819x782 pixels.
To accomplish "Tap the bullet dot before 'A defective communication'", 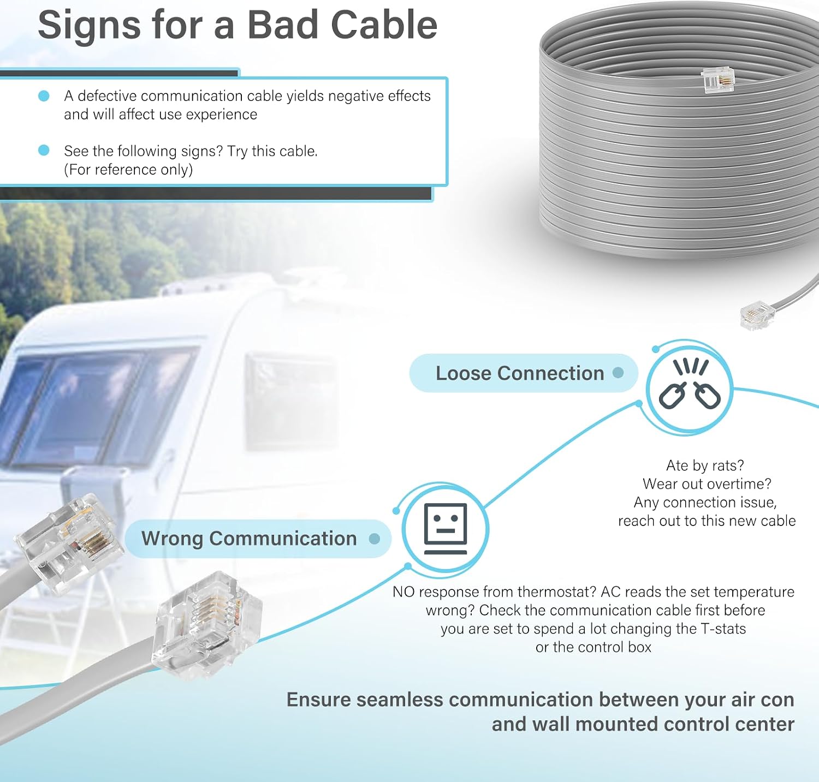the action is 44,96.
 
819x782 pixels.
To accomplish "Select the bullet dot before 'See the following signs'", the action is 44,151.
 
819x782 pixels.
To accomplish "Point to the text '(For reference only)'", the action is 128,170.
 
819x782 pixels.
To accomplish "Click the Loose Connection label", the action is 520,373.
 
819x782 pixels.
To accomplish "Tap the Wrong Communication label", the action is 249,539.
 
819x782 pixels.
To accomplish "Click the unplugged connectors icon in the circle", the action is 690,384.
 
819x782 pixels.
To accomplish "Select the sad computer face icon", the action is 446,528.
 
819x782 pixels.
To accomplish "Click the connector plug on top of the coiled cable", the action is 717,80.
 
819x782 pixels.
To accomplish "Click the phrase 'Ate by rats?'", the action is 705,465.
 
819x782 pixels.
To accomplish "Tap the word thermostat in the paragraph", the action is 556,592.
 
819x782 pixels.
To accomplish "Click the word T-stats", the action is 723,629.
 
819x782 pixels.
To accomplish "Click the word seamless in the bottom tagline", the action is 399,700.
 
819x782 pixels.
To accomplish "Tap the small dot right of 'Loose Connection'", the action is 618,373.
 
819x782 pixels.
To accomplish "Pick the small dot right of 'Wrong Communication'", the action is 375,539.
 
